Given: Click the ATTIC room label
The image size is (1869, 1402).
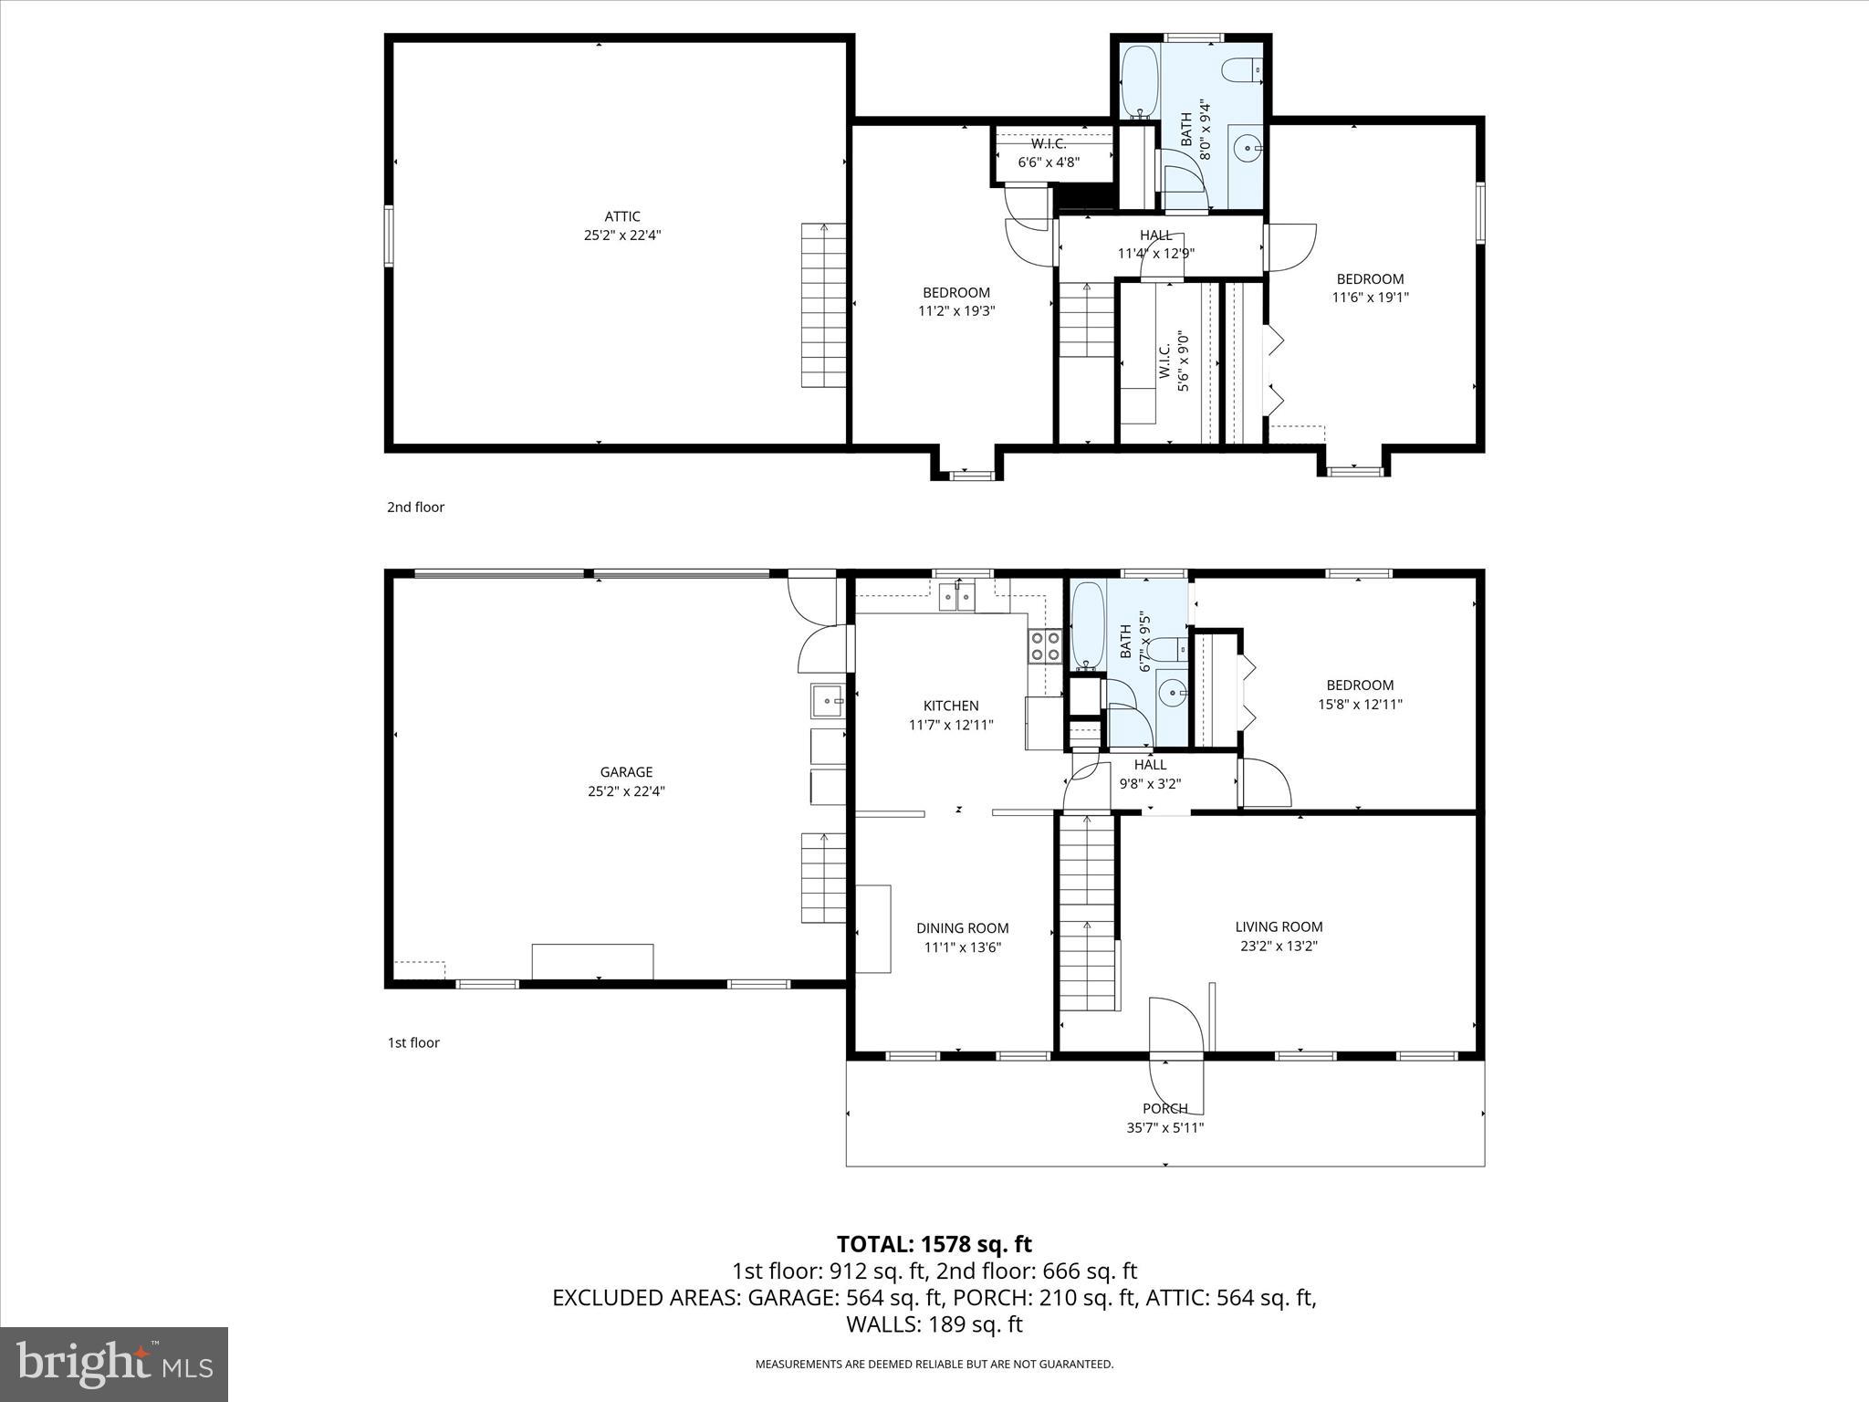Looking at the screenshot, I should click(x=622, y=216).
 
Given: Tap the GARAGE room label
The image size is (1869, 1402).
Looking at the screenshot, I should click(x=626, y=772).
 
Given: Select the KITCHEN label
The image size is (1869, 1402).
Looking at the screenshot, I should click(x=951, y=706).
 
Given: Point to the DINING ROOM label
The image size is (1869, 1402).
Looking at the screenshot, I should click(x=963, y=928).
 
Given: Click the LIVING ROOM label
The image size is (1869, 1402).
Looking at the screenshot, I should click(x=1279, y=926).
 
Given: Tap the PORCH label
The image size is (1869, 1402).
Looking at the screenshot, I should click(x=1165, y=1108).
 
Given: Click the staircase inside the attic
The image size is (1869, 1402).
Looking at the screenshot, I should click(x=824, y=306).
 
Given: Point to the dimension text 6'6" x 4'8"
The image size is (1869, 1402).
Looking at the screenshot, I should click(x=1049, y=162).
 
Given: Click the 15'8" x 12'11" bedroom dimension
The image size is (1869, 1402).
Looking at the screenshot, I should click(x=1360, y=704).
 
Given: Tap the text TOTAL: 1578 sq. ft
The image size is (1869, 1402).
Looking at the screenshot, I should click(x=934, y=1244).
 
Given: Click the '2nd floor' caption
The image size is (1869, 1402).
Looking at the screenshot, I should click(x=415, y=507).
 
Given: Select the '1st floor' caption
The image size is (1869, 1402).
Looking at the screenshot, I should click(x=413, y=1042).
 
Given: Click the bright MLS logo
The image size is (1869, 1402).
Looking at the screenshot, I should click(x=114, y=1364).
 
